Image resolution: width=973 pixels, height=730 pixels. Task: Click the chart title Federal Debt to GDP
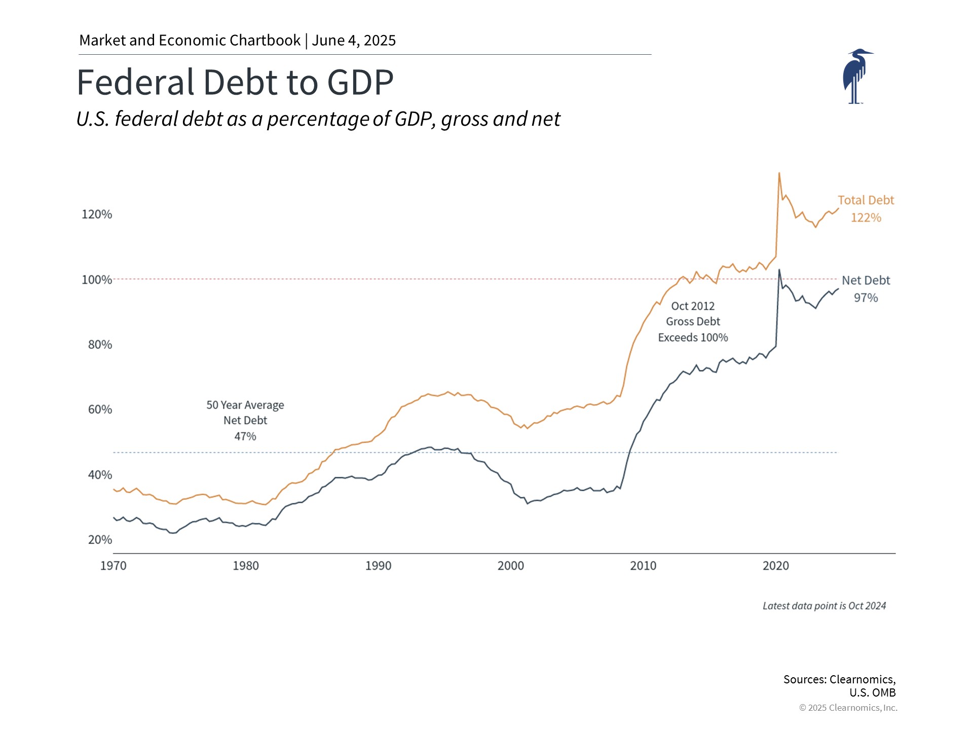pos(235,82)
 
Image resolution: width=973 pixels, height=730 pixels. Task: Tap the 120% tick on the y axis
pos(97,214)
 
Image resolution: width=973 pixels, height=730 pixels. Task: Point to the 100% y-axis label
pos(97,280)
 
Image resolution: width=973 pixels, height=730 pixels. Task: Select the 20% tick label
pos(100,540)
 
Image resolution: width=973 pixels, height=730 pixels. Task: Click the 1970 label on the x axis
pos(113,566)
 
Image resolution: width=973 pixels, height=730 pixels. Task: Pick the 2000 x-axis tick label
pos(510,566)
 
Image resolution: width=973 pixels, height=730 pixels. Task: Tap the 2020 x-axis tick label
pos(775,566)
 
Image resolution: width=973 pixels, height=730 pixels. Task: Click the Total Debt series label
pos(866,200)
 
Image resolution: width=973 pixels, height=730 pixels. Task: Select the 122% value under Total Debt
pos(866,218)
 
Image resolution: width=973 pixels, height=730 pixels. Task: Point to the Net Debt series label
pos(866,280)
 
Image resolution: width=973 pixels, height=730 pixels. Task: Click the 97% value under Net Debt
pos(866,298)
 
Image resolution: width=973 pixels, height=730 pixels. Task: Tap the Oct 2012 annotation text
pos(693,306)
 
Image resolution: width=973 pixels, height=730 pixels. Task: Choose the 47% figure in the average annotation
pos(245,436)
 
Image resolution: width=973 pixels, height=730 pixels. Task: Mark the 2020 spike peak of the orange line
pos(779,173)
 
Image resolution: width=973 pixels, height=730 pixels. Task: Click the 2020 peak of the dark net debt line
pos(779,270)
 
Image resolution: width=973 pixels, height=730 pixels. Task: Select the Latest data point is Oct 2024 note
pos(824,606)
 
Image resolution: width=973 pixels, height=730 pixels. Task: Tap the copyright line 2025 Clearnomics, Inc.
pos(848,708)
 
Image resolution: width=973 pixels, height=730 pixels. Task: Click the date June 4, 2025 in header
pos(354,41)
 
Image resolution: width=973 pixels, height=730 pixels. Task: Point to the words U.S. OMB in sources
pos(872,692)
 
